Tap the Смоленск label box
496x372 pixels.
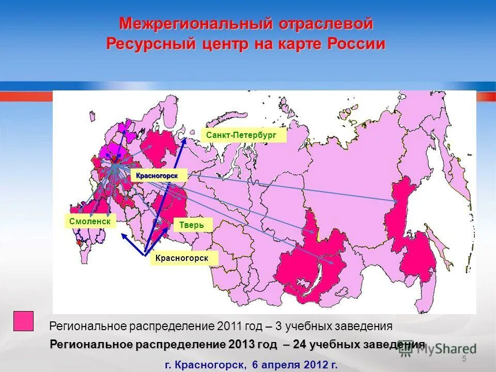(90, 221)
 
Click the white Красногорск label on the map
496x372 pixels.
(157, 176)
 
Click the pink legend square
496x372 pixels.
(23, 321)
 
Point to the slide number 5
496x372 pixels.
(463, 359)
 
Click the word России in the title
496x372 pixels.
(356, 44)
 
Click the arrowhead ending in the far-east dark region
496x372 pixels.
(395, 200)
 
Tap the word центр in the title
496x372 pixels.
(224, 44)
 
